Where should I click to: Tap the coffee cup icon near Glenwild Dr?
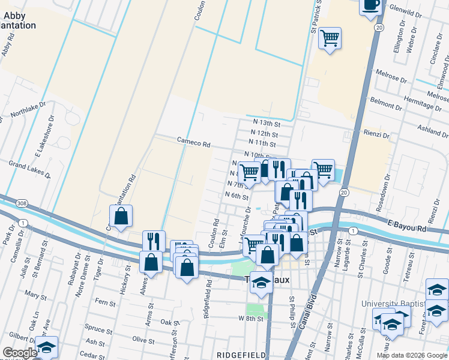click(370, 5)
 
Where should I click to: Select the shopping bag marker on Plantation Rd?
click(121, 217)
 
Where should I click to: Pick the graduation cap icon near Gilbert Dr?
click(46, 347)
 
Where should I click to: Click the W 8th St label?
click(251, 319)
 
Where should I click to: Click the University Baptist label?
click(391, 304)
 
